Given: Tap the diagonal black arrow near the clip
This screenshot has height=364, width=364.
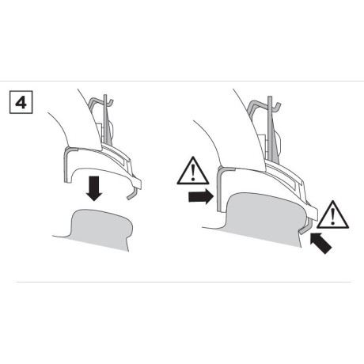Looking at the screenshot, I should [322, 242].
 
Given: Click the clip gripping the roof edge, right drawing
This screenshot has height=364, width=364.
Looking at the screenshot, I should [305, 226].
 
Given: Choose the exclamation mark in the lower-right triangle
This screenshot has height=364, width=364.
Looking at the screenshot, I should [333, 214].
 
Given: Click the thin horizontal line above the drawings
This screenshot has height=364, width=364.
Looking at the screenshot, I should [182, 82].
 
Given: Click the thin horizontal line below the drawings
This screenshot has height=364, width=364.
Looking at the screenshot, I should [182, 281].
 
